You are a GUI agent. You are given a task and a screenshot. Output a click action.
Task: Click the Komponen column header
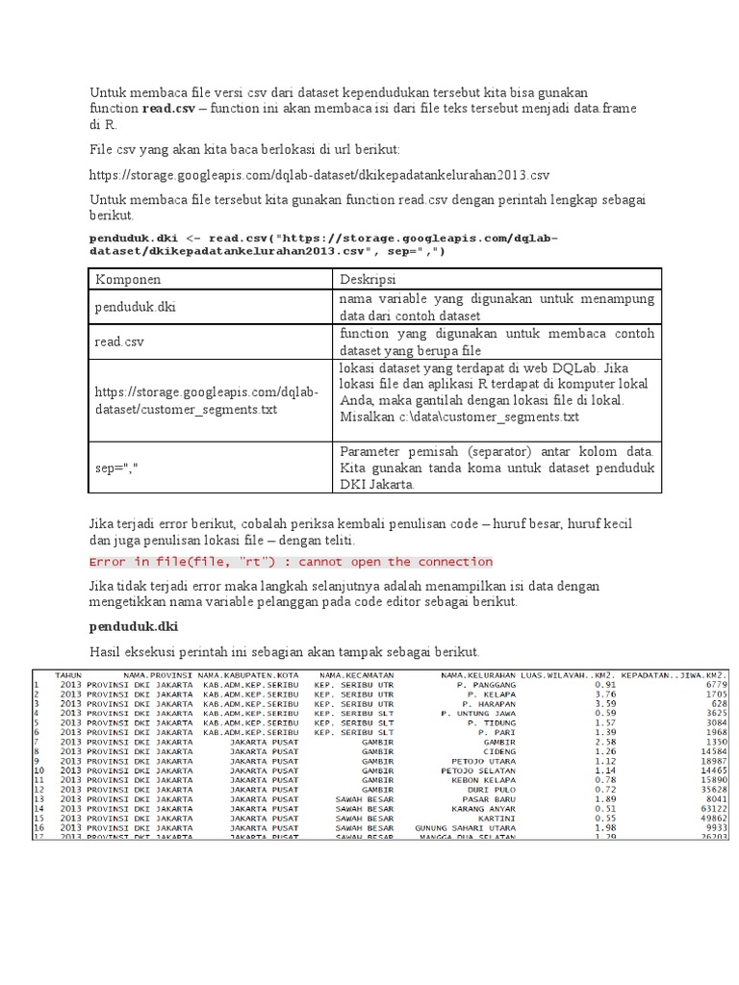point(128,279)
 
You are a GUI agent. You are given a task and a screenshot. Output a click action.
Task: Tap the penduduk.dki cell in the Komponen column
point(135,308)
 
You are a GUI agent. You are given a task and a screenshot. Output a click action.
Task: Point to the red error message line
point(291,562)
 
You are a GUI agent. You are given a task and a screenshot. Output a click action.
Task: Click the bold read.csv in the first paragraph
point(168,110)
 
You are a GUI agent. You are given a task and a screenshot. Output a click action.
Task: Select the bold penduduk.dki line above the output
point(131,626)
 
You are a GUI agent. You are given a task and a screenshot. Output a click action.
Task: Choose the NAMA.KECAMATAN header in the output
point(356,675)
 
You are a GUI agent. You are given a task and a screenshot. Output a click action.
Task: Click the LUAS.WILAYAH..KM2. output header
point(564,675)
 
